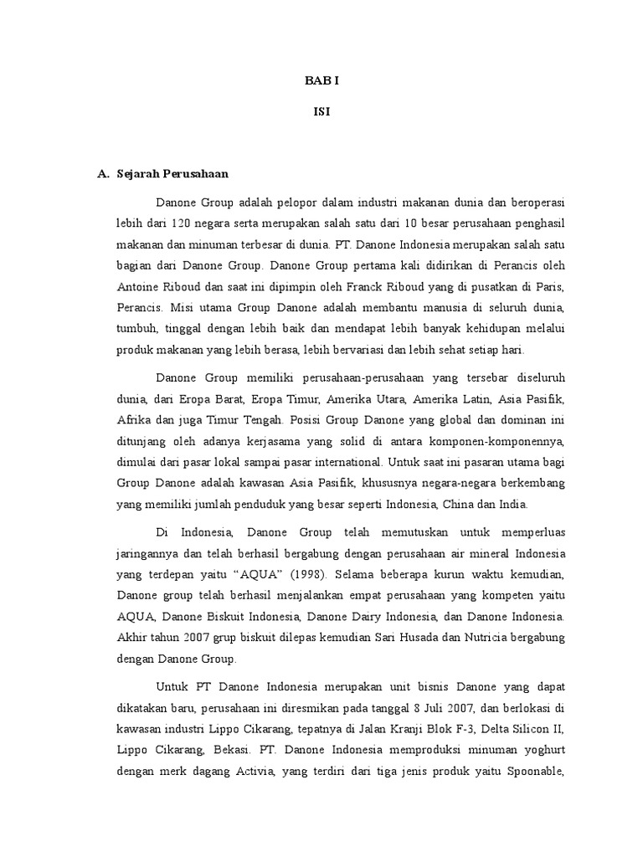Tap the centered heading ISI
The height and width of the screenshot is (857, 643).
coord(321,112)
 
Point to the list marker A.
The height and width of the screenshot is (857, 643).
coord(104,174)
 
